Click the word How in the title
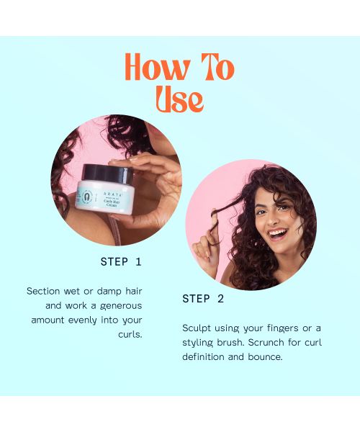pos(157,68)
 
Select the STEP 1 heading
pos(121,262)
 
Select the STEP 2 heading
pos(203,299)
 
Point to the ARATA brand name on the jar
pos(112,194)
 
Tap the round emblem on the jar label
pos(87,197)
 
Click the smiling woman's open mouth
pos(278,234)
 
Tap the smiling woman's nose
pos(272,220)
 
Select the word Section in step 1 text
pos(43,291)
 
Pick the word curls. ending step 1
pos(130,335)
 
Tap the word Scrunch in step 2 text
pos(266,343)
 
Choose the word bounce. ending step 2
pos(265,357)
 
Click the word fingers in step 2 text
pos(282,328)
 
